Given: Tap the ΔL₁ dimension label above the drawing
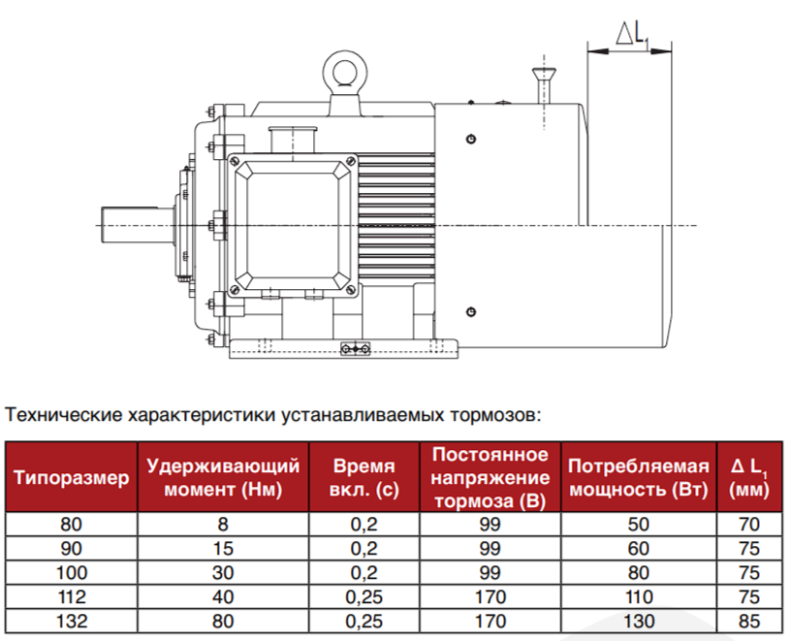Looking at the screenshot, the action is pos(632,33).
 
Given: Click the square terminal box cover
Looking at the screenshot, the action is pos(293,225).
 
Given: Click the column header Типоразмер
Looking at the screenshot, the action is pos(71,477).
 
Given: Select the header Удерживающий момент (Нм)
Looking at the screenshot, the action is pos(223,477).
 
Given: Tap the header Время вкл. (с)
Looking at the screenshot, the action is pos(364,477).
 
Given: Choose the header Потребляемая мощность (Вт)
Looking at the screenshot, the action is pos(639,477).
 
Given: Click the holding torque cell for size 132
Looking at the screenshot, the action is pos(223,622).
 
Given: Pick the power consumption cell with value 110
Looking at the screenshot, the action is pos(639,597).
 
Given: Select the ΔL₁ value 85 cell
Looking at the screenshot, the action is pos(749,622).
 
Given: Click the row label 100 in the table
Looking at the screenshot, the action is pos(71,573).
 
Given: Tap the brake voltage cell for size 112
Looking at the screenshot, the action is pos(490,597).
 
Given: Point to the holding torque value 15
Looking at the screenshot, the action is pos(223,549).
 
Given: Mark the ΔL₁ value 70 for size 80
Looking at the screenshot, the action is pos(749,525).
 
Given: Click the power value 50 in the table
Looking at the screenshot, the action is pos(639,525).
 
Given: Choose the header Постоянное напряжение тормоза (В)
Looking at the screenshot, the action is pos(490,477).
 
